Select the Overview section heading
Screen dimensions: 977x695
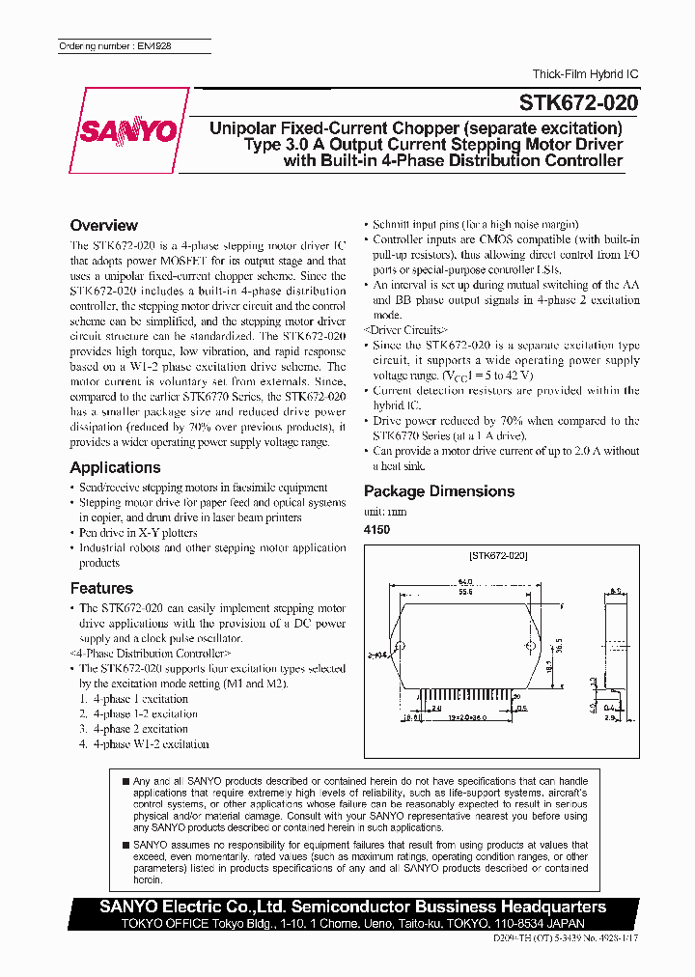[104, 226]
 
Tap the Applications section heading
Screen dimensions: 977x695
[115, 467]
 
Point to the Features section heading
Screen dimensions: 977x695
[101, 588]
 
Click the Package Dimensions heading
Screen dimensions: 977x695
[439, 491]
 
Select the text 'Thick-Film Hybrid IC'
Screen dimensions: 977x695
[585, 74]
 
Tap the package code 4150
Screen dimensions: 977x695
[377, 530]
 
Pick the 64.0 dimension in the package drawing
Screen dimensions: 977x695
[465, 580]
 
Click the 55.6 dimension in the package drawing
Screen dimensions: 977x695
[465, 591]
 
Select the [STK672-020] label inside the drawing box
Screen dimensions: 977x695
[498, 557]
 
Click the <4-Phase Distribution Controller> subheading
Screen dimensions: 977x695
[151, 654]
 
